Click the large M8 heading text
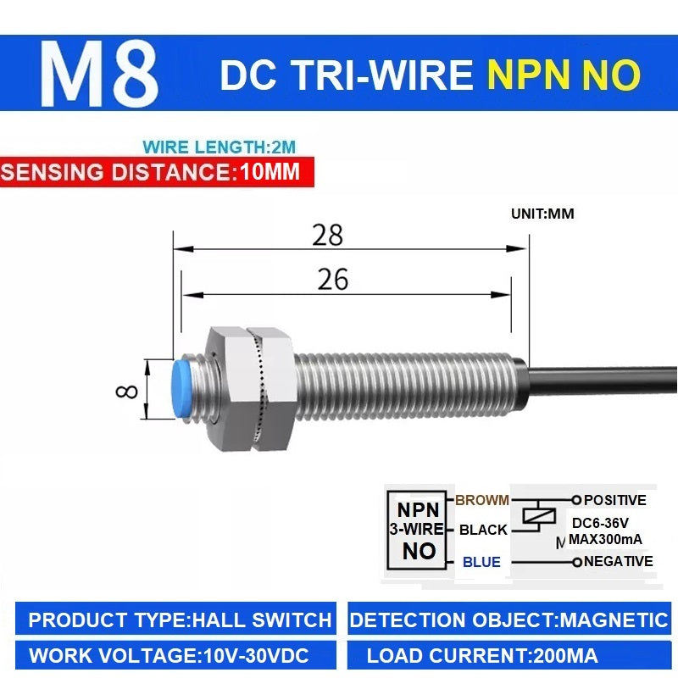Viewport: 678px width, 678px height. (98, 74)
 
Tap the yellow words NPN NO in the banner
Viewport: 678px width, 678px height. (564, 75)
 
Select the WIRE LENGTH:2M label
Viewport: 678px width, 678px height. (220, 147)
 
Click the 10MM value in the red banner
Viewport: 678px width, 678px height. (270, 171)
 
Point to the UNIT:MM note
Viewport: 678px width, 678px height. (542, 214)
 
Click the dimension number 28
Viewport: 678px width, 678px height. (328, 235)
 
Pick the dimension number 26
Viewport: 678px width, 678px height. (332, 279)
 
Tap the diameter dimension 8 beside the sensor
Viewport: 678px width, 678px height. (126, 392)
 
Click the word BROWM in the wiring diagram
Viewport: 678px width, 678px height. (481, 500)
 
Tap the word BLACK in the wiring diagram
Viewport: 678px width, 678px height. (483, 530)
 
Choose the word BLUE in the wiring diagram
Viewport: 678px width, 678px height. (481, 562)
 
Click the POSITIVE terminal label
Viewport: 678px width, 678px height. (615, 500)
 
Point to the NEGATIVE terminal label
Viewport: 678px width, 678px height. (619, 561)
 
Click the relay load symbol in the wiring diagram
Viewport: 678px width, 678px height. (539, 515)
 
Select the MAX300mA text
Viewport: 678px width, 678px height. (605, 539)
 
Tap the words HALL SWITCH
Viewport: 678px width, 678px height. (262, 620)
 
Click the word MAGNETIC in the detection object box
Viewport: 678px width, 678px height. (614, 620)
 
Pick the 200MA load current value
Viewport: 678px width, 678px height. (565, 656)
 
